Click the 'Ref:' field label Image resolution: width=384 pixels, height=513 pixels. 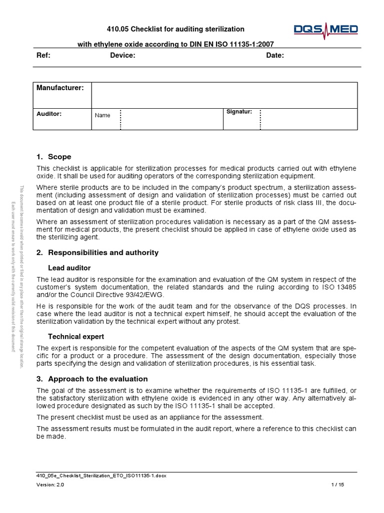coord(43,56)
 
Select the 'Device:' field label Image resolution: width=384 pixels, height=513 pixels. coord(122,56)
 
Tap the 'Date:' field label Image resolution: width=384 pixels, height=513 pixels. coord(275,56)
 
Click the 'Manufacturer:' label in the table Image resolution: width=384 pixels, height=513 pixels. coord(60,88)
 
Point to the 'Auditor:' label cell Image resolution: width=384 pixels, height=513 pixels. coord(49,114)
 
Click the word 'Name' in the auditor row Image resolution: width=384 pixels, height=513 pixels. coord(102,115)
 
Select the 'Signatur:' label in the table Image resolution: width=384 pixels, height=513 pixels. coord(239,111)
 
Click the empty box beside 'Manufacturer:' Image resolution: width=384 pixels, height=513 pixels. coord(224,95)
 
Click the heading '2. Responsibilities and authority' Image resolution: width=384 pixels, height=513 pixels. coord(97,252)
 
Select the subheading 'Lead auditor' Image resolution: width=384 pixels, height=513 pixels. coord(69,268)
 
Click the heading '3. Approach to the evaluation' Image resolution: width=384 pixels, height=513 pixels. coord(92,379)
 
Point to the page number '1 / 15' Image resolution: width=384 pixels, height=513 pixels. coord(338,485)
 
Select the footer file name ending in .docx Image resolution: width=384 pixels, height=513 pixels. coord(101,475)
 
